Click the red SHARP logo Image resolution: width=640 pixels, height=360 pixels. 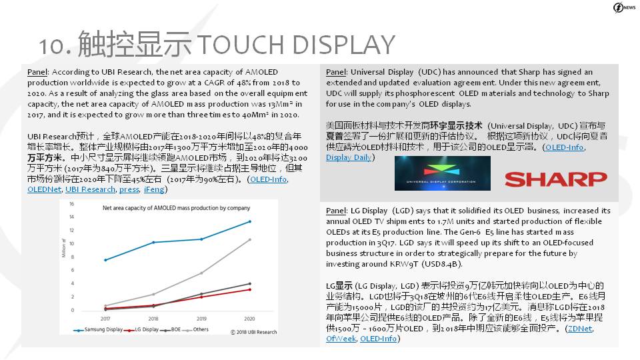coord(555,179)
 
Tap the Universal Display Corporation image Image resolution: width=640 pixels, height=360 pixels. coord(443,173)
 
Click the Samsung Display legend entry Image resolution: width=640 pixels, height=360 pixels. coord(98,329)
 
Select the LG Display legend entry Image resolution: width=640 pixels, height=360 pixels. coord(141,329)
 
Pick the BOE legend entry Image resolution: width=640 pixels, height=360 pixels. coord(171,329)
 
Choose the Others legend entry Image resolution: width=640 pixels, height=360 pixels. coord(195,329)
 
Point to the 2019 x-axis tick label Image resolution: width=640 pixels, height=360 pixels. coord(201,319)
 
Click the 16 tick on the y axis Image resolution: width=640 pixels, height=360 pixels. coord(71,204)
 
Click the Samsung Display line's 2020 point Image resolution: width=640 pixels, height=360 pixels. coord(250,221)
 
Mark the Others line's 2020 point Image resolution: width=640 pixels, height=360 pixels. coord(250,239)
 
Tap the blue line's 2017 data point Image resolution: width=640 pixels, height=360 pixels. coord(105,260)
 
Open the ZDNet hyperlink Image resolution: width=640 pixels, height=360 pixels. coord(579,328)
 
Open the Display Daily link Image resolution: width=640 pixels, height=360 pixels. coord(349,157)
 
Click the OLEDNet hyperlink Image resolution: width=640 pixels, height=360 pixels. coord(45,189)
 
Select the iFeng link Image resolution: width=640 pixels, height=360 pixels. coord(154,189)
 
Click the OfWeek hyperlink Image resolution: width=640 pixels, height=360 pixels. coord(341,339)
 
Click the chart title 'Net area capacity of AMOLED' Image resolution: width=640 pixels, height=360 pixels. coord(176,208)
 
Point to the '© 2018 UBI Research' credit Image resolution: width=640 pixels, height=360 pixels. coord(253,332)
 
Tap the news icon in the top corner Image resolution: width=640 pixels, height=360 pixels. coord(624,8)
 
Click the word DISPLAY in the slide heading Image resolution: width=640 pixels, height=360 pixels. coord(344,45)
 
